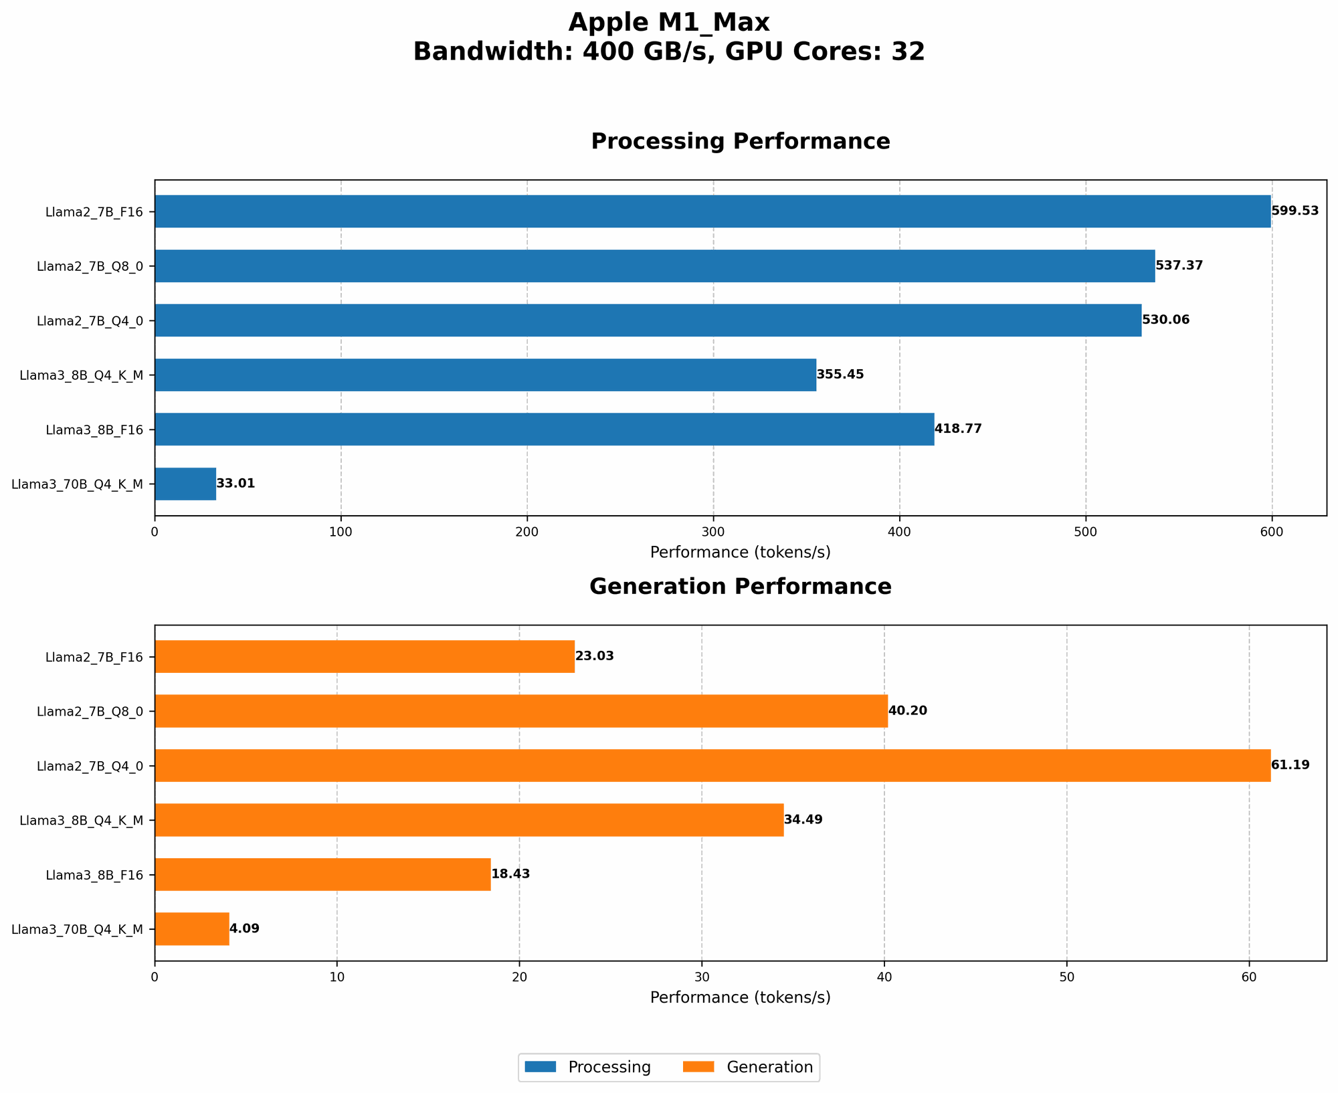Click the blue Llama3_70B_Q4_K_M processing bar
pos(185,484)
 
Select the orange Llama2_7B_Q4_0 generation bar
pos(712,765)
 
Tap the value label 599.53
pos(1295,211)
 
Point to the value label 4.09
pos(244,928)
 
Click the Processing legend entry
pos(587,1067)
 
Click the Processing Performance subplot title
pos(740,142)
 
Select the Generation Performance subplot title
pos(740,587)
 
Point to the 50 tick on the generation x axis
pos(1066,977)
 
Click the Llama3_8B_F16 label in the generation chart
pos(94,874)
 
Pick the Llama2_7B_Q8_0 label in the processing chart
pos(90,266)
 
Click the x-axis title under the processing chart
pos(740,553)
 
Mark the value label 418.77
pos(958,429)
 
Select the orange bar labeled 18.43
pos(322,874)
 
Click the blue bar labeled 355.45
pos(485,375)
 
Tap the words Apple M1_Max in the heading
pos(669,23)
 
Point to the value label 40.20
pos(907,710)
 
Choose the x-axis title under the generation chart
pos(740,997)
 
